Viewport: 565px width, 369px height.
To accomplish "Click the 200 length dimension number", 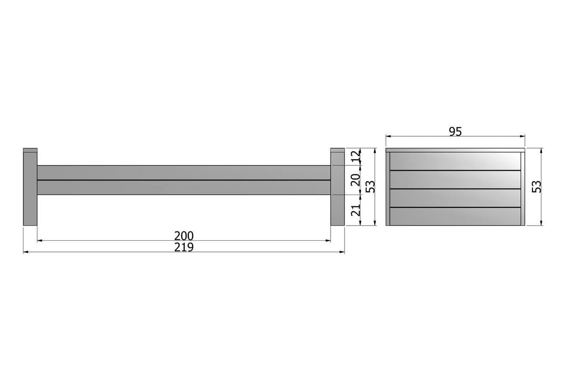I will coord(184,235).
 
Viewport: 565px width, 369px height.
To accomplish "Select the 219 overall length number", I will coord(184,247).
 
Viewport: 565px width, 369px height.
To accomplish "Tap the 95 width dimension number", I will coord(455,131).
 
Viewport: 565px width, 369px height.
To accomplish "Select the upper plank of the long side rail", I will coord(184,172).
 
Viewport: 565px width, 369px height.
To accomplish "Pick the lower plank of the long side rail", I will coord(184,187).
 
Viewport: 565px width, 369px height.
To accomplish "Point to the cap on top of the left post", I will coord(30,150).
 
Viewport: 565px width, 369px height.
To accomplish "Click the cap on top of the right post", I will coord(338,150).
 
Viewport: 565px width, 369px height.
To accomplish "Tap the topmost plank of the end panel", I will coord(456,161).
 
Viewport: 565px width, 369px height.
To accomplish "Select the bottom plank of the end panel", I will coord(456,216).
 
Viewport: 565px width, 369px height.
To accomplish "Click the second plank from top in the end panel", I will coord(456,179).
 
